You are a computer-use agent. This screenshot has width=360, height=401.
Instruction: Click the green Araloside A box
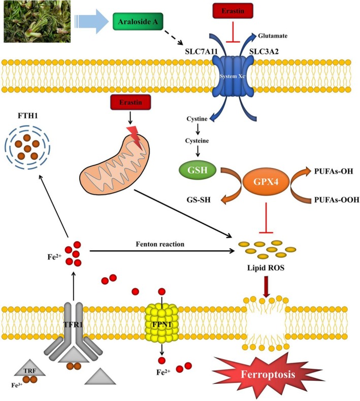(x=138, y=21)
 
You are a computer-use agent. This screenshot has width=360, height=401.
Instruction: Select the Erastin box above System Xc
(x=233, y=11)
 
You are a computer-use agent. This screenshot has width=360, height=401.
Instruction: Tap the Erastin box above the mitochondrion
(x=130, y=103)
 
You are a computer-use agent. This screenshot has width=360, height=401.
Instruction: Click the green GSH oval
(x=198, y=170)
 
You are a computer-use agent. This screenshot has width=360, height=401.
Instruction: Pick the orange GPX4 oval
(x=266, y=182)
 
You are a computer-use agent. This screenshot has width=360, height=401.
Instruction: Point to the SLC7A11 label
(x=201, y=52)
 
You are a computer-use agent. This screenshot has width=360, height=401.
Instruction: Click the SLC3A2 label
(x=264, y=52)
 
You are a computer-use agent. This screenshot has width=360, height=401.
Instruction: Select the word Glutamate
(x=273, y=36)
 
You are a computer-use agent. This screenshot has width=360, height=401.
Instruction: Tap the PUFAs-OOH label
(x=337, y=199)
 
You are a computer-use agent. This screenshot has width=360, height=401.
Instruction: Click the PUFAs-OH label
(x=334, y=171)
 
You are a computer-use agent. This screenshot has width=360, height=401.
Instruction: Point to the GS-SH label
(x=199, y=199)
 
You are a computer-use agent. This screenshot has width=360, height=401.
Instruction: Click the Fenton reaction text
(x=160, y=244)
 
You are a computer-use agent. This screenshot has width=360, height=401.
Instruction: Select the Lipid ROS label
(x=266, y=268)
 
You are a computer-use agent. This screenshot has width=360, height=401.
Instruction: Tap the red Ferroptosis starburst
(x=268, y=375)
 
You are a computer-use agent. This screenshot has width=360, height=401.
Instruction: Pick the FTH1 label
(x=27, y=116)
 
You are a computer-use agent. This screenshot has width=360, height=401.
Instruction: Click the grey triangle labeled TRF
(x=30, y=369)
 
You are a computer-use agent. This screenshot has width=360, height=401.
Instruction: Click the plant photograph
(x=37, y=21)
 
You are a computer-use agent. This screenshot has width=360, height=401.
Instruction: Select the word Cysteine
(x=197, y=141)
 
